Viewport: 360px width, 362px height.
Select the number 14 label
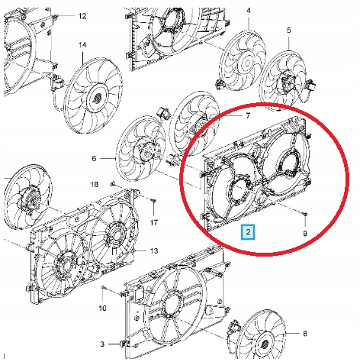point(82,45)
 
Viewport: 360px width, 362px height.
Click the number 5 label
point(289,31)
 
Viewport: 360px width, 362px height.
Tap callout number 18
point(95,185)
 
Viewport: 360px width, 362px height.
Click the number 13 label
point(153,250)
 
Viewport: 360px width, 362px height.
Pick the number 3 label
point(102,344)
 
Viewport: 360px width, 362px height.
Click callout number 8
point(305,334)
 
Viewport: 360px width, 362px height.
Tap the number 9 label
point(305,233)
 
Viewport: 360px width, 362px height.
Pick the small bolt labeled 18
point(112,184)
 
